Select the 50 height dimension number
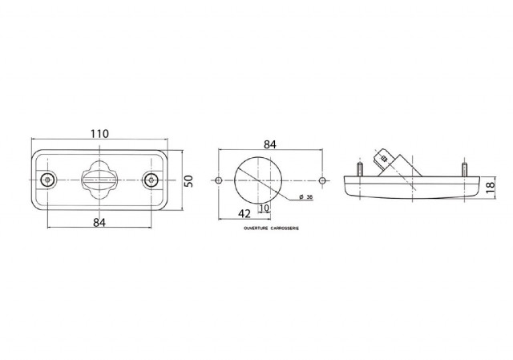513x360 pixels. (x=190, y=180)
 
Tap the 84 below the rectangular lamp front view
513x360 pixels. (x=99, y=222)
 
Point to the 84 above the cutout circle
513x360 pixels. (x=270, y=144)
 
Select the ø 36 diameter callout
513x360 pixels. (x=305, y=197)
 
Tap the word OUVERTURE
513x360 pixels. (x=256, y=229)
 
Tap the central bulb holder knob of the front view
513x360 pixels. (x=99, y=179)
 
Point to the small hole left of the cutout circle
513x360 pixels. (x=219, y=181)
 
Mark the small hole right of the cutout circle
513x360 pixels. (x=321, y=181)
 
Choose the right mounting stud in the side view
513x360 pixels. (x=463, y=168)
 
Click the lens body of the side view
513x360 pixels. (x=412, y=189)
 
